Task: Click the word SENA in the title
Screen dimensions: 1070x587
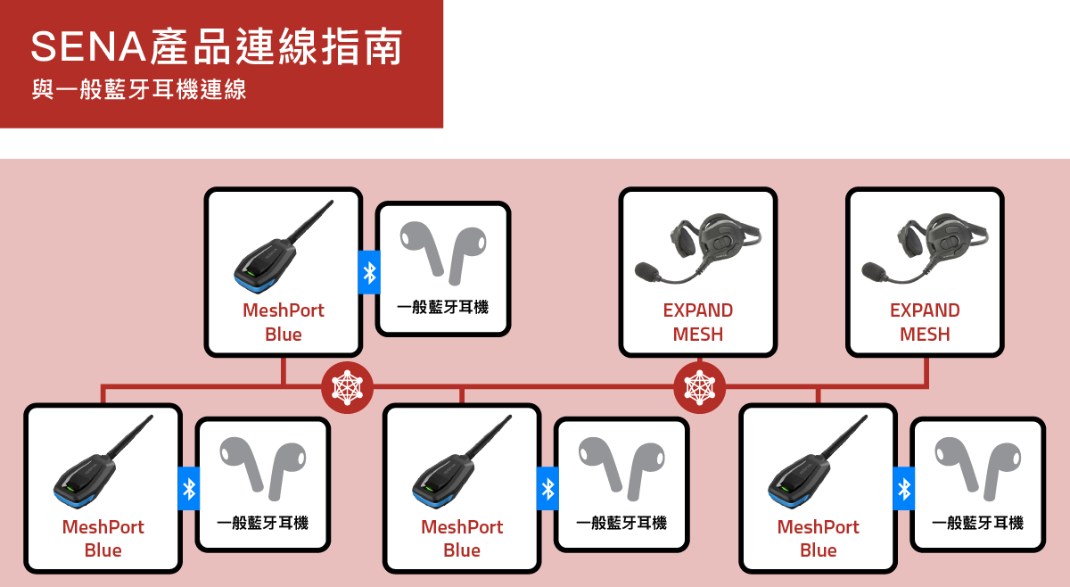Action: (x=88, y=46)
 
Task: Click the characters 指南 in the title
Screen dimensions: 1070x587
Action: (x=361, y=46)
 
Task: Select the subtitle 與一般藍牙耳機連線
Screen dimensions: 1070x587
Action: (x=139, y=89)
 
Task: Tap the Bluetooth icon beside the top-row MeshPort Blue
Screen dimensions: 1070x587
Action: (x=369, y=272)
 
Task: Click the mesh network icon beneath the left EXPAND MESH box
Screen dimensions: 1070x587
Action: (x=699, y=387)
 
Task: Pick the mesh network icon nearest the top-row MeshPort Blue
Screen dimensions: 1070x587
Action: (x=347, y=387)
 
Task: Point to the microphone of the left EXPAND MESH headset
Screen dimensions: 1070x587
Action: (x=646, y=271)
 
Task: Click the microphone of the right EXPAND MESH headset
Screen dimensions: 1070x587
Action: (x=874, y=271)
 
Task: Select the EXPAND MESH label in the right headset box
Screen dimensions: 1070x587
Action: (x=925, y=322)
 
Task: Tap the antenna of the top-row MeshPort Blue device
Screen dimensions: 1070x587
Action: (x=311, y=222)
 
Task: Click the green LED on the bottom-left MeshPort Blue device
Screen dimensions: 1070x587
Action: (x=70, y=489)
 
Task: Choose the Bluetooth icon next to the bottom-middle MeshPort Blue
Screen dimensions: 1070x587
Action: (x=547, y=489)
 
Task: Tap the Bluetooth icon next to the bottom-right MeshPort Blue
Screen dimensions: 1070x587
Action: (x=904, y=489)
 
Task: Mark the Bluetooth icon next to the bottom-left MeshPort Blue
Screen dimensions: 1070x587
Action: (x=189, y=489)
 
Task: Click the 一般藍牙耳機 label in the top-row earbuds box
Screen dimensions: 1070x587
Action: (x=443, y=307)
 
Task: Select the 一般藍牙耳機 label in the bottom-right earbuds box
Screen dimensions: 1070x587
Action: (x=978, y=523)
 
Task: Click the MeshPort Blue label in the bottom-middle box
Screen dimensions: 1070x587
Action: (x=462, y=539)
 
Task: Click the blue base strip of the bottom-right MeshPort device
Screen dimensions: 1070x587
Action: (x=794, y=500)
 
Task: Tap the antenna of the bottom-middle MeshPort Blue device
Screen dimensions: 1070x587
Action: (x=489, y=437)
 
